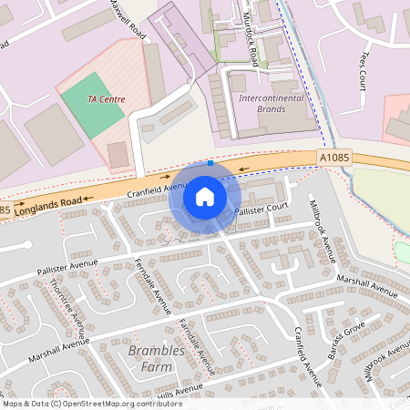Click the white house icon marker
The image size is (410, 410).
click(x=205, y=197)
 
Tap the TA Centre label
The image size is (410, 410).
click(x=107, y=99)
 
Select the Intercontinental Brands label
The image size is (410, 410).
click(x=261, y=103)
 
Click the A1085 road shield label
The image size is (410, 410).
click(x=334, y=158)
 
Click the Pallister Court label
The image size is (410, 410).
click(x=261, y=210)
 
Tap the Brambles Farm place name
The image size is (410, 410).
click(x=156, y=359)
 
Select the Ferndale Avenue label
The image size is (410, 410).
click(x=152, y=282)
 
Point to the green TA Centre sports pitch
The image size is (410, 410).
click(x=89, y=109)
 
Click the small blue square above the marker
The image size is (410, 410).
click(x=211, y=162)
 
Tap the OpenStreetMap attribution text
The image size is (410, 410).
click(x=91, y=404)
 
